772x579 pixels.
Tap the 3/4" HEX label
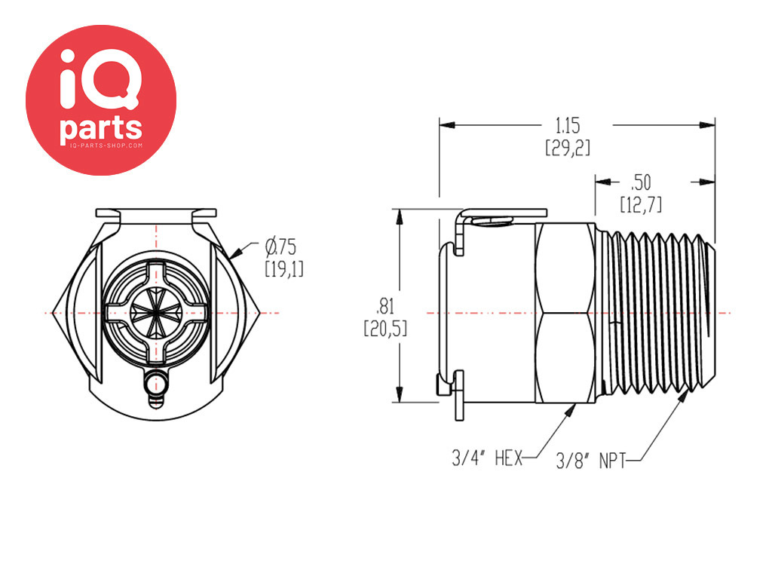487,458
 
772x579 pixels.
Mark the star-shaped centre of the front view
156,313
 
